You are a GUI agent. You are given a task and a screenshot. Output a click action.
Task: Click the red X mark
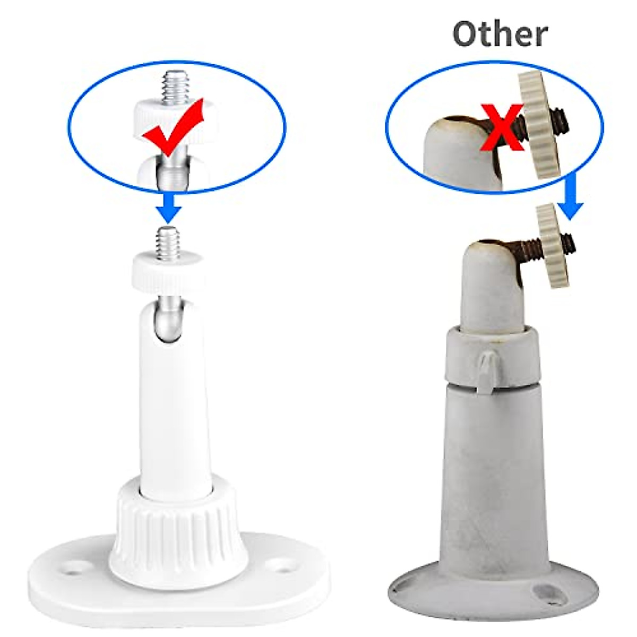(x=502, y=126)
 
